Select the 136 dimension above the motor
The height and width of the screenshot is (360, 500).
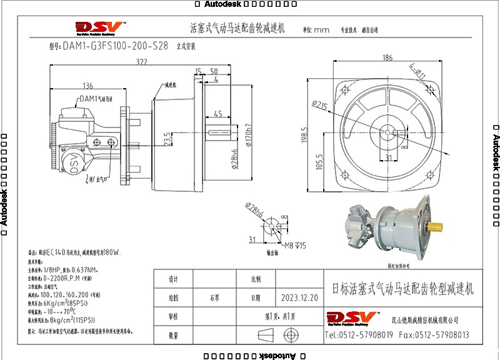click(x=87, y=86)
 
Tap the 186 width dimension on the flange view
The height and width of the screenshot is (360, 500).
click(x=387, y=58)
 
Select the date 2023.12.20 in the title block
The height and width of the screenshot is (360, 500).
click(x=299, y=298)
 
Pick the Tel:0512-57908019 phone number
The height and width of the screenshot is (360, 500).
click(x=359, y=335)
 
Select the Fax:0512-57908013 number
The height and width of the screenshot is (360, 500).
click(x=434, y=335)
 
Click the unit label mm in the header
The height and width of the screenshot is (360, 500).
click(x=321, y=29)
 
